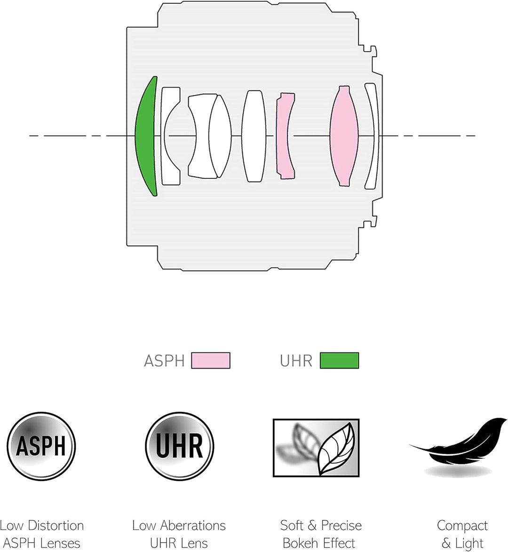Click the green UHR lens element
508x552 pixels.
[x=144, y=136]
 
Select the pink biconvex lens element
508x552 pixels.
[x=344, y=136]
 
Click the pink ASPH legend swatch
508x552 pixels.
[x=211, y=360]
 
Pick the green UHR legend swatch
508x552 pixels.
[x=340, y=360]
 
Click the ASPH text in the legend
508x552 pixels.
[x=164, y=361]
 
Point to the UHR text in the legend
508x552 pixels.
[x=296, y=361]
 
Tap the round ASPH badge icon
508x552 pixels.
[x=41, y=447]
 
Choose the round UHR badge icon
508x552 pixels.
[x=179, y=447]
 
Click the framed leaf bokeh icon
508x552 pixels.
[x=316, y=448]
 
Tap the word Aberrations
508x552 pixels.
[x=193, y=526]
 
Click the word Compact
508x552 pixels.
[x=462, y=526]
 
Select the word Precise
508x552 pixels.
[x=341, y=526]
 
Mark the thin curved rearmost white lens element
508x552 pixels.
[x=372, y=136]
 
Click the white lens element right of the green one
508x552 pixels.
[x=171, y=136]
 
